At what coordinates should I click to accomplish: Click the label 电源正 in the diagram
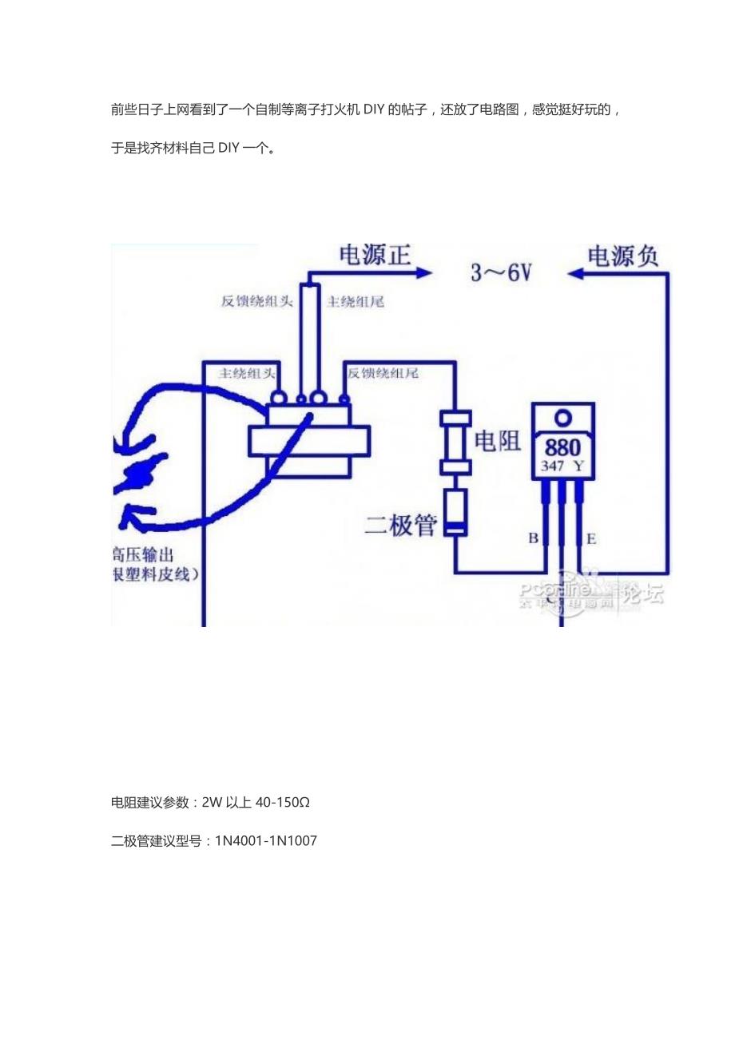click(x=375, y=256)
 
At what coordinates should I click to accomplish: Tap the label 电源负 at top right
click(x=623, y=256)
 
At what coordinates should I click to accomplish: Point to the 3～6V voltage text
click(x=501, y=273)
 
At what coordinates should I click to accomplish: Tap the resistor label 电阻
click(x=498, y=441)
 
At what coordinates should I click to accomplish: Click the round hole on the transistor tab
click(x=564, y=417)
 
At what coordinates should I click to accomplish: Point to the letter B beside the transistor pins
click(x=533, y=538)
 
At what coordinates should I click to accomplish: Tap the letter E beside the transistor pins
click(x=591, y=538)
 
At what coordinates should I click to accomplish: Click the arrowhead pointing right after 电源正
click(x=423, y=273)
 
